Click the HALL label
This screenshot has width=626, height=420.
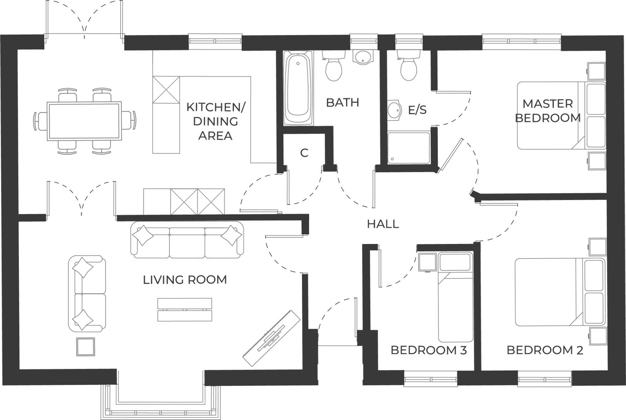pos(383,224)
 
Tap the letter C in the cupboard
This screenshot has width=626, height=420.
pos(304,153)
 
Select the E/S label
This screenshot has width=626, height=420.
pos(417,110)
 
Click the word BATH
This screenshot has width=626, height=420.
pos(343,103)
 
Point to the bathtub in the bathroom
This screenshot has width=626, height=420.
pos(298,88)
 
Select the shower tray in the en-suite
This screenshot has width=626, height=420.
pos(408,148)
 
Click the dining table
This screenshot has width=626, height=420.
pos(84,121)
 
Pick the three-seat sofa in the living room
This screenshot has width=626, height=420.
pos(187,240)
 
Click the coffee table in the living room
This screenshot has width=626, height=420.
pos(185,309)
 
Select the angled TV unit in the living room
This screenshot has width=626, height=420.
pos(271,338)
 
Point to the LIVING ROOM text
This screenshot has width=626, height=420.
pos(185,280)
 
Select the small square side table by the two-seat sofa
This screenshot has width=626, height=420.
pos(86,347)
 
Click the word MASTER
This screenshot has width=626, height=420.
pos(547,104)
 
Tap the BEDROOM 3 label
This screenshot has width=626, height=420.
pos(428,350)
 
